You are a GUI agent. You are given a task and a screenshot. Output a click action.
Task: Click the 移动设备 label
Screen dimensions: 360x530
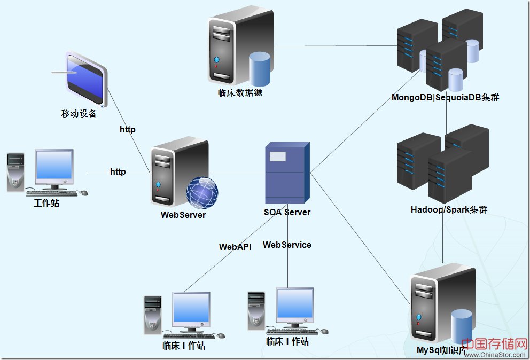(x=79, y=113)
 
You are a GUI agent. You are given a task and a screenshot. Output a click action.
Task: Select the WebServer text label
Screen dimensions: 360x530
(x=183, y=215)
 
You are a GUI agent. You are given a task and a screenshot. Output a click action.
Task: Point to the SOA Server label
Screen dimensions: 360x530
(x=287, y=212)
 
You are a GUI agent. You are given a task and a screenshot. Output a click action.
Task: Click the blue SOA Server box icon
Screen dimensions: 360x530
(x=287, y=172)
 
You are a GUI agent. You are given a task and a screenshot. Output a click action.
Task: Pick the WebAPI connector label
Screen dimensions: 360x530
(x=235, y=247)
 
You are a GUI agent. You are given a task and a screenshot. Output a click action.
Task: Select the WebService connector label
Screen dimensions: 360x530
(x=287, y=245)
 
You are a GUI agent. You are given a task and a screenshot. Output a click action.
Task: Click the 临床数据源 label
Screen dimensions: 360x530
(x=240, y=92)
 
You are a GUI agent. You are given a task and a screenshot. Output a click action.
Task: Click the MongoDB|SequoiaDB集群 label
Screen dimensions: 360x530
(x=445, y=98)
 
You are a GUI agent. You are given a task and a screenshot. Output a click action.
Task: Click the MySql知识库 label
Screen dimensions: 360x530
(x=442, y=351)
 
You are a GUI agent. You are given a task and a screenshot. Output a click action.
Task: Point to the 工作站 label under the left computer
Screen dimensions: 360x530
(x=46, y=203)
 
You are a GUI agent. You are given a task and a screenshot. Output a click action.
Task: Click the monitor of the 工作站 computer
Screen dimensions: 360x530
(x=54, y=166)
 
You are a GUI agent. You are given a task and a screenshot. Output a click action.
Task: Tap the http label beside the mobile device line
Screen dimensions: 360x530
(x=128, y=129)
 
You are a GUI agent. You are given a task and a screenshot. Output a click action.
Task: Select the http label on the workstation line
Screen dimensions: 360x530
(x=118, y=171)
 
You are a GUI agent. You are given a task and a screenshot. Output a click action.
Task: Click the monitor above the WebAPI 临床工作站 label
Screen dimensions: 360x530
(x=191, y=309)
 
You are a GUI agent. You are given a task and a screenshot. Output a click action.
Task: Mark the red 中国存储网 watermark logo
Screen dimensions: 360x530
(x=494, y=344)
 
